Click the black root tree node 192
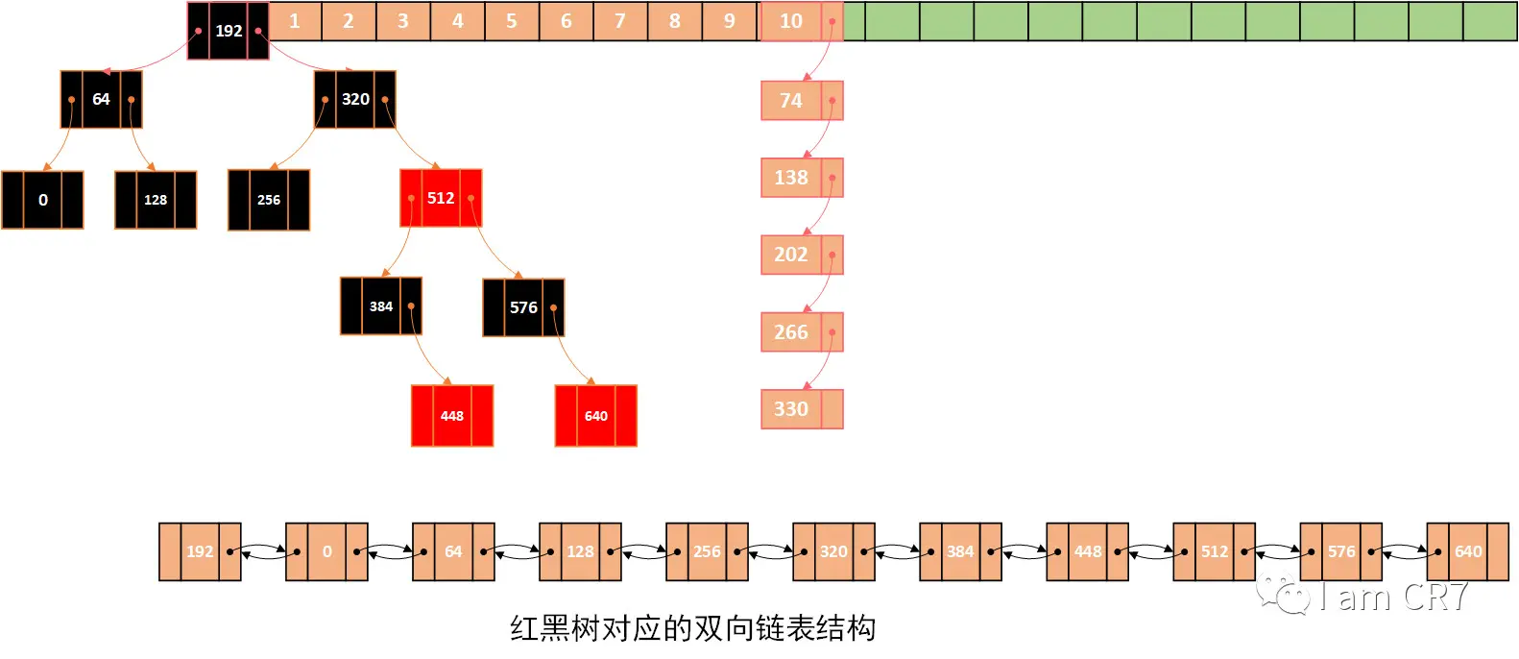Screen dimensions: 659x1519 [x=229, y=31]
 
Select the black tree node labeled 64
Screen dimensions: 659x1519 [x=101, y=99]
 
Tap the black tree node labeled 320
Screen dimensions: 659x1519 [x=354, y=99]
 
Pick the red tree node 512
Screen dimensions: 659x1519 [x=441, y=198]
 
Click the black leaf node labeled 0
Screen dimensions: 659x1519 [x=42, y=200]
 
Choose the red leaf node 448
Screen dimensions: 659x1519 [x=452, y=416]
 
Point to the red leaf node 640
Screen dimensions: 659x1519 [x=595, y=416]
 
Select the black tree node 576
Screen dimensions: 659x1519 [x=523, y=307]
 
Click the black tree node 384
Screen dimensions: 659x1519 [x=381, y=306]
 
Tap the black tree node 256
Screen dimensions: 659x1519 [x=269, y=200]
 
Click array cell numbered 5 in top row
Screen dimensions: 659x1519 [x=512, y=21]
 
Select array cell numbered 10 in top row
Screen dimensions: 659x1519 [x=791, y=21]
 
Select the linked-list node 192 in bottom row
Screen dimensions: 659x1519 [x=200, y=551]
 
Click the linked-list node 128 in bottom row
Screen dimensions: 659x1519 [x=580, y=551]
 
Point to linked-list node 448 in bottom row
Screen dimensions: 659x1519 [x=1087, y=551]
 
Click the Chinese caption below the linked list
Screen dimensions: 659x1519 [x=692, y=628]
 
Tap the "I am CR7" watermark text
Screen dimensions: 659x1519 [x=1392, y=597]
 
